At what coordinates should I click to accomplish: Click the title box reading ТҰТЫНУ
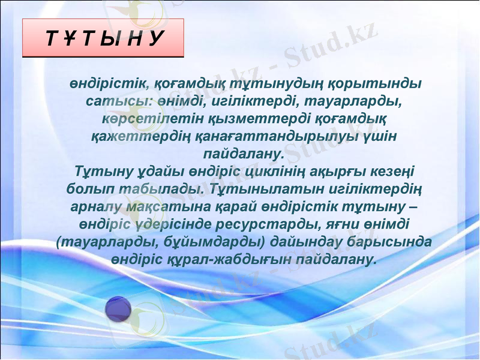tap(103, 38)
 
